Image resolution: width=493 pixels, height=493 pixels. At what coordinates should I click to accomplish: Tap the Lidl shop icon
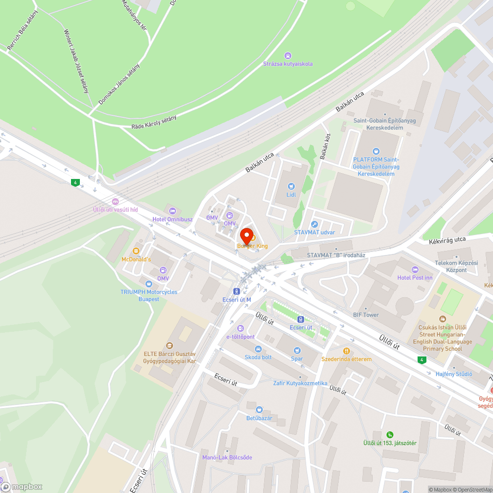click(291, 186)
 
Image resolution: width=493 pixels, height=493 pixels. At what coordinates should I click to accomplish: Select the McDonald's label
click(136, 259)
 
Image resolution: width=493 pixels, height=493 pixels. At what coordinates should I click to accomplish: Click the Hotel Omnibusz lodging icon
click(172, 211)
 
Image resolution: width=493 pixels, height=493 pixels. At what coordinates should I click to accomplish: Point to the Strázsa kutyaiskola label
click(288, 64)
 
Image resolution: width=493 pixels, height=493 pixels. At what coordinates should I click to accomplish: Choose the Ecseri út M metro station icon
click(237, 291)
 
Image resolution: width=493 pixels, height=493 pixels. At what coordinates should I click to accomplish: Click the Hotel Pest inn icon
click(415, 269)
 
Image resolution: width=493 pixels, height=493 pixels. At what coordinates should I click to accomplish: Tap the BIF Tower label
click(366, 315)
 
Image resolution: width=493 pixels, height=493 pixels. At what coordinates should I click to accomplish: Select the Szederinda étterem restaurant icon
click(347, 351)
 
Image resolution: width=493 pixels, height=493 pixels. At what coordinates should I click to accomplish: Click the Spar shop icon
click(297, 351)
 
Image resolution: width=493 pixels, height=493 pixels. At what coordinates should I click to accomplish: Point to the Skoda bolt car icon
click(258, 349)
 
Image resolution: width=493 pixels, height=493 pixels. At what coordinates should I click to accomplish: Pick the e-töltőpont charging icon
click(240, 328)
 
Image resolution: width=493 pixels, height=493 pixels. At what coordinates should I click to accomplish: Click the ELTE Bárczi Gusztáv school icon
click(170, 345)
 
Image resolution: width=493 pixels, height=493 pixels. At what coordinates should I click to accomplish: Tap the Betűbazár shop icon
click(259, 410)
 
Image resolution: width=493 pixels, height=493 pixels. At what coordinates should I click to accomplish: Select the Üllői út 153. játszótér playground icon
click(390, 434)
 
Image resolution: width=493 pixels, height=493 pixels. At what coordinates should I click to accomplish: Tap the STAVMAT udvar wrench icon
click(314, 224)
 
